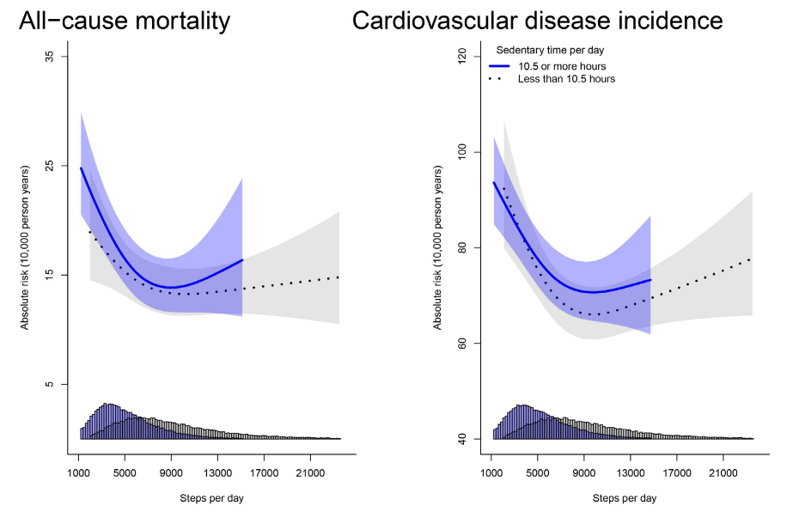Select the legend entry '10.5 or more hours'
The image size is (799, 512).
[561, 66]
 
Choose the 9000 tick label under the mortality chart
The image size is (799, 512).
[171, 472]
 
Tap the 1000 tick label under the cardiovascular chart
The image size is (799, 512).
[491, 472]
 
